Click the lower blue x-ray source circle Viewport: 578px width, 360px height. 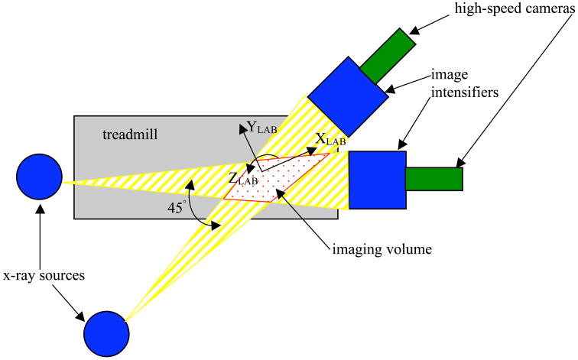105,334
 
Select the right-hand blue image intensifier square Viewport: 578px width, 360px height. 377,180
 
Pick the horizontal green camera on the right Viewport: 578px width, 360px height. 433,178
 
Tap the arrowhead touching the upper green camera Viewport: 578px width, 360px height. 414,33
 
